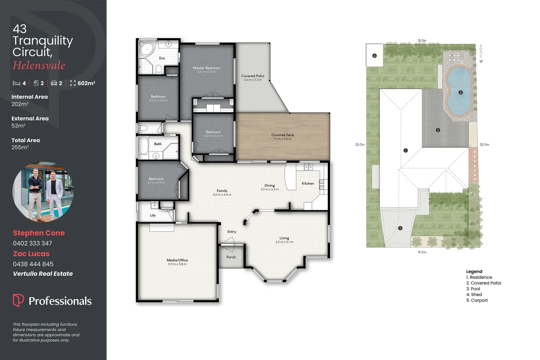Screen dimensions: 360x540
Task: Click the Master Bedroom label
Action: tap(207, 68)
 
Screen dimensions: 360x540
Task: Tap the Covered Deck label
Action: tap(282, 135)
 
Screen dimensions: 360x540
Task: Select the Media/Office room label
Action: tap(177, 260)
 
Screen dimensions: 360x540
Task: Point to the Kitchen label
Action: tap(308, 184)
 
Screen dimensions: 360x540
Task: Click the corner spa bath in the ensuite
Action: tap(147, 49)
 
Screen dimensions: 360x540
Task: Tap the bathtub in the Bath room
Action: tap(143, 145)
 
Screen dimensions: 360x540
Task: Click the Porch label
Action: tap(231, 257)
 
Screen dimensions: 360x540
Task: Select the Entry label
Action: tap(232, 232)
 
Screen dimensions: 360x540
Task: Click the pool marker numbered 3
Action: tap(460, 92)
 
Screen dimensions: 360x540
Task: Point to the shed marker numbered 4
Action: tap(374, 56)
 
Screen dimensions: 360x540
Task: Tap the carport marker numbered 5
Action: tap(400, 228)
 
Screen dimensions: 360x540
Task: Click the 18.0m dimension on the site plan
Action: tap(422, 40)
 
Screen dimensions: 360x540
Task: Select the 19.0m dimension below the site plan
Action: tap(422, 252)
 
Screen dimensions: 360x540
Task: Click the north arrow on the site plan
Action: tap(481, 61)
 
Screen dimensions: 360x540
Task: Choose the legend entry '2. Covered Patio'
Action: tap(484, 283)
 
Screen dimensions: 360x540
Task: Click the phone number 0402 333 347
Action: tap(32, 243)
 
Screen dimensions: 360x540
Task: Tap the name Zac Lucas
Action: tap(31, 254)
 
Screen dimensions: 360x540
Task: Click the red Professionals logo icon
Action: tap(18, 300)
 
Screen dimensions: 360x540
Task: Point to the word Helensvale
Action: tap(39, 65)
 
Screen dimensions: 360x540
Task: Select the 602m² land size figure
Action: tap(86, 83)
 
